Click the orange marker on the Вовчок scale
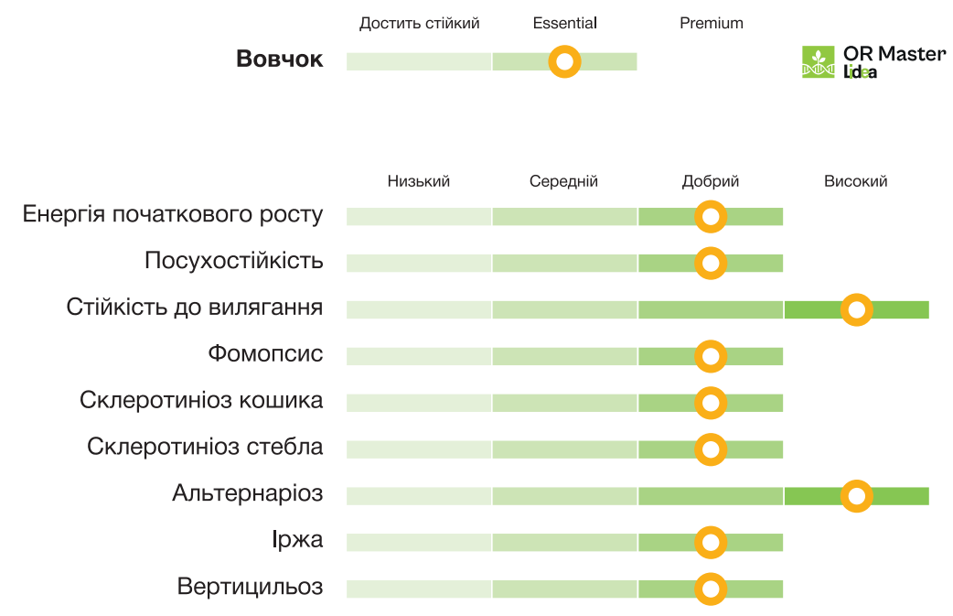pyautogui.click(x=564, y=62)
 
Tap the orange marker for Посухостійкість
pyautogui.click(x=711, y=263)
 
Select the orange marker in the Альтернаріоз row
pyautogui.click(x=856, y=496)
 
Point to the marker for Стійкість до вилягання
pyautogui.click(x=856, y=310)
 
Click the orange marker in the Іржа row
pyautogui.click(x=711, y=543)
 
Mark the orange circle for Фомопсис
pyautogui.click(x=711, y=356)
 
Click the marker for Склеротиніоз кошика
pyautogui.click(x=711, y=403)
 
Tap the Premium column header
pyautogui.click(x=711, y=23)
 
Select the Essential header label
pyautogui.click(x=564, y=23)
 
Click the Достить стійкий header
pyautogui.click(x=419, y=23)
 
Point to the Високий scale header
pyautogui.click(x=855, y=181)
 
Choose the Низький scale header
pyautogui.click(x=419, y=181)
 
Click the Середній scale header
pyautogui.click(x=563, y=181)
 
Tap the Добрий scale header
pyautogui.click(x=710, y=181)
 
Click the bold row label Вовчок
pyautogui.click(x=279, y=59)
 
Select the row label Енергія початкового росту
pyautogui.click(x=173, y=215)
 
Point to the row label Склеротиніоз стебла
pyautogui.click(x=205, y=448)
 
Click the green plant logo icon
pyautogui.click(x=819, y=62)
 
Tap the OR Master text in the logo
pyautogui.click(x=894, y=54)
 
